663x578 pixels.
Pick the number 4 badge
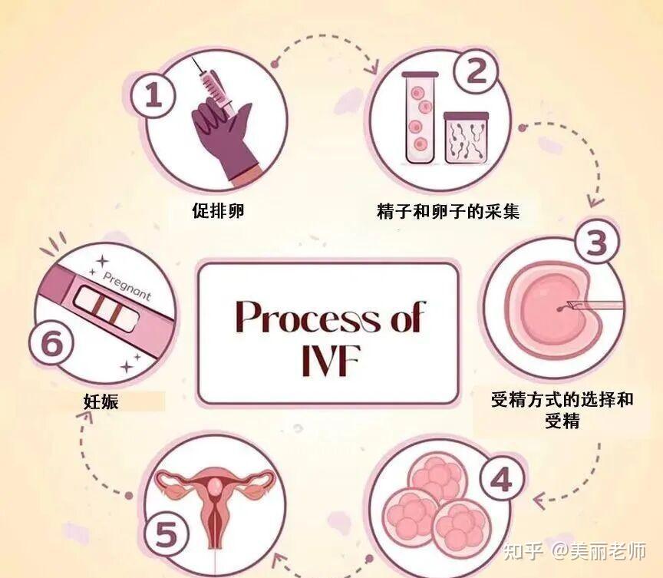[500, 481]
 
